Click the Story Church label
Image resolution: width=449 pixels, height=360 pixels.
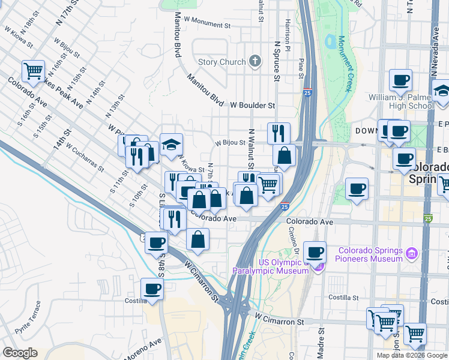[221, 62]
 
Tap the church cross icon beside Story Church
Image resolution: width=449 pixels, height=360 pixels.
[256, 61]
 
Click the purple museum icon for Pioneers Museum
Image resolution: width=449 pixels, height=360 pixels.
[412, 254]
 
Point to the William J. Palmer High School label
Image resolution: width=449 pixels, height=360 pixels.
[401, 101]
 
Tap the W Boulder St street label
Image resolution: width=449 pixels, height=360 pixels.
[252, 105]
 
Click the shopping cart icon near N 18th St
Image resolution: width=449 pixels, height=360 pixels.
[33, 71]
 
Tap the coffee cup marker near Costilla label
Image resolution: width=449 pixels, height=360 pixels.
[152, 289]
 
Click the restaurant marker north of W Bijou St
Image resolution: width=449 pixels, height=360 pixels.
[279, 133]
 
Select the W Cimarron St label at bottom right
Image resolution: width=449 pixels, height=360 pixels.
[279, 322]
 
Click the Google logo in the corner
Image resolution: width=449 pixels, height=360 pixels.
[20, 353]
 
